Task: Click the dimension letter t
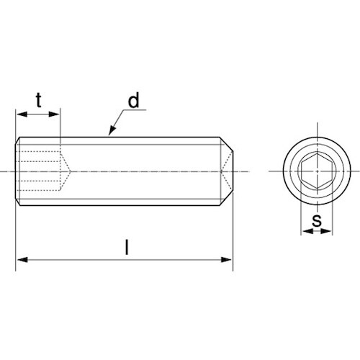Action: pyautogui.click(x=39, y=100)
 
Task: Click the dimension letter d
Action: pyautogui.click(x=134, y=100)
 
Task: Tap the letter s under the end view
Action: pyautogui.click(x=317, y=220)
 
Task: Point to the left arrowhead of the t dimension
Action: pyautogui.click(x=22, y=114)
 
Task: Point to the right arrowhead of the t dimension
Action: pyautogui.click(x=54, y=114)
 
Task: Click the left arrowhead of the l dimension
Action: pyautogui.click(x=22, y=260)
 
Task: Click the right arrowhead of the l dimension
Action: pyautogui.click(x=226, y=260)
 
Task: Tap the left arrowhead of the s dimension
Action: pyautogui.click(x=307, y=231)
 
